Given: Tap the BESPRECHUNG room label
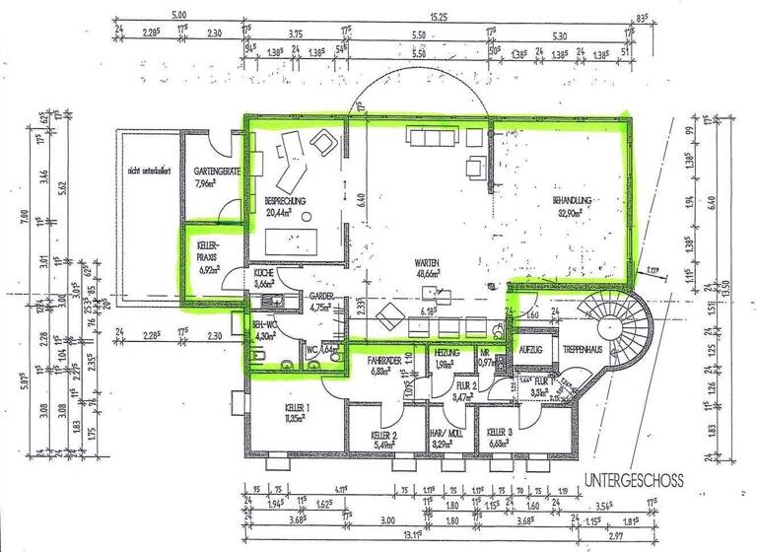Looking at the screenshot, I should tap(285, 200).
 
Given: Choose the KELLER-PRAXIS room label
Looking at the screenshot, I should tap(207, 246).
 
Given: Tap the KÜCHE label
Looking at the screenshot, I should tap(263, 272).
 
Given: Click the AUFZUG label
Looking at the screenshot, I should tap(529, 350).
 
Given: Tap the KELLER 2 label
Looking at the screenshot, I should tap(384, 435).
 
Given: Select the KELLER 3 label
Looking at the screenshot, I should tap(500, 433).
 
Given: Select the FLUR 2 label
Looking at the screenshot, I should tap(465, 385).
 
